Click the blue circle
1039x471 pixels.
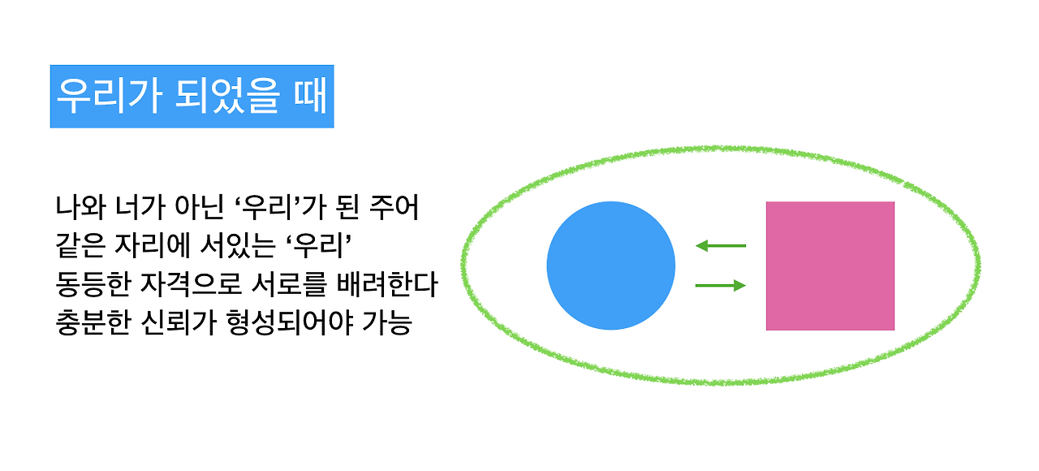tap(610, 266)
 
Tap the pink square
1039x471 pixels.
tap(830, 266)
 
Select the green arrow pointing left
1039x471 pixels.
tap(721, 245)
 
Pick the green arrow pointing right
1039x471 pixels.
tap(721, 285)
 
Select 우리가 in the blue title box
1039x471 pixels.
tap(108, 97)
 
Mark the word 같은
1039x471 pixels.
tap(78, 246)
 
